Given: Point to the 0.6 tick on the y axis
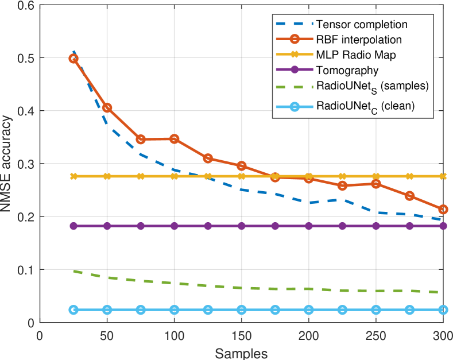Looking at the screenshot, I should point(25,5).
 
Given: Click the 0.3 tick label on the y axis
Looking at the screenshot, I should point(25,164).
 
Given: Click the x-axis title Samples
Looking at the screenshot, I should point(241,351).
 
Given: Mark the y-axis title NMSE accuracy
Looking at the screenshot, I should point(7,164).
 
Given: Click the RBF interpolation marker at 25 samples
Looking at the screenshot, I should point(73,59).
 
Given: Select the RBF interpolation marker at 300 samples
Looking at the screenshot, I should point(443,210).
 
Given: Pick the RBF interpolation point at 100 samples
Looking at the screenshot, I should point(174,139).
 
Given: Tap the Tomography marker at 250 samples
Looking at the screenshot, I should point(376,226).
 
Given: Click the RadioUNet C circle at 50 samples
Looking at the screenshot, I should point(107,309).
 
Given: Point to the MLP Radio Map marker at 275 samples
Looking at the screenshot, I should point(409,176).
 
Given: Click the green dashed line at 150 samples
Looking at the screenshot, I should point(241,288).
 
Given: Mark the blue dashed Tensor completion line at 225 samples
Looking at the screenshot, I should point(342,200).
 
